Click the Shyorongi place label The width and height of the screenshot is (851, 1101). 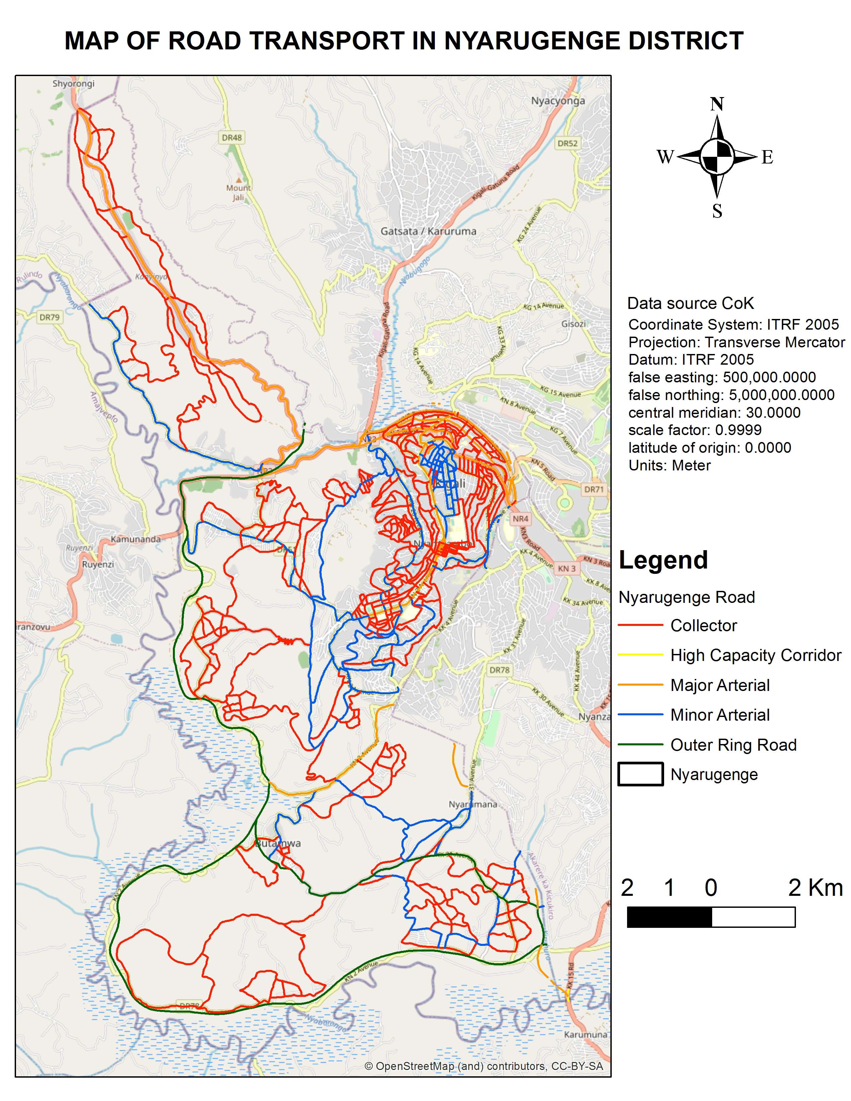coord(74,84)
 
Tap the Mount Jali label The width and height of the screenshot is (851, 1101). coord(238,192)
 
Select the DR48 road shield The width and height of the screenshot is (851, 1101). coord(232,137)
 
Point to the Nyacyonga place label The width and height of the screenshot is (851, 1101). coord(558,101)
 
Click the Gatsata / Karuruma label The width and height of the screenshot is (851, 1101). coord(428,232)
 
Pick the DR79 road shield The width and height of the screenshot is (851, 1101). coord(49,317)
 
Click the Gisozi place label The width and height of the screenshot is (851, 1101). coord(573,324)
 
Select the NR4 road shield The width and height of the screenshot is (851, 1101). coord(520,518)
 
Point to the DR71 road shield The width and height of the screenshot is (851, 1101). coord(593,489)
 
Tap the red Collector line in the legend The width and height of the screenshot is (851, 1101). coord(640,625)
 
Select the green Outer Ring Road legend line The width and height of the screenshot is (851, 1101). coord(640,745)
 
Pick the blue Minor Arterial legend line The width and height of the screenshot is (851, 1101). coord(640,715)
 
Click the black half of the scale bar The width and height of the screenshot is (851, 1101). coord(669,917)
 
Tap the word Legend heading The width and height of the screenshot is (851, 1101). coord(663,560)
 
